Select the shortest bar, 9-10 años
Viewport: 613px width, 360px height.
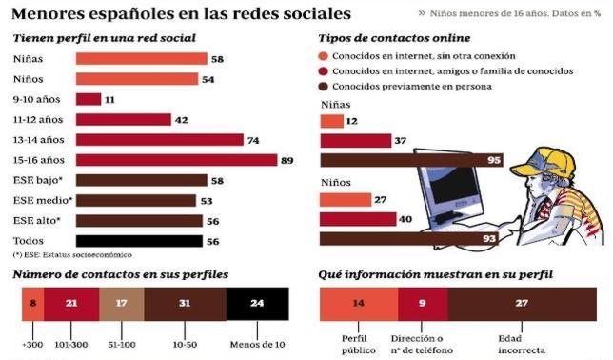(x=88, y=99)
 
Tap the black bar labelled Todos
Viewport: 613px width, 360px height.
(x=138, y=242)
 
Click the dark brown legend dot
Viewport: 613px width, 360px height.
(x=326, y=88)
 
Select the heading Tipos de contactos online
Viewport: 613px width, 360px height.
(x=394, y=38)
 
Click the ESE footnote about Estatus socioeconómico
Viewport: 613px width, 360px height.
(x=72, y=255)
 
